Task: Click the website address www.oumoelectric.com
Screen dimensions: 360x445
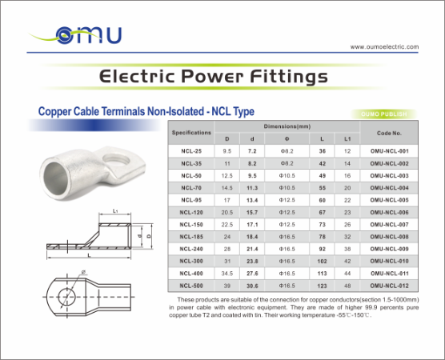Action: point(384,46)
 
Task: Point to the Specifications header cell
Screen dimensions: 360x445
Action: point(191,132)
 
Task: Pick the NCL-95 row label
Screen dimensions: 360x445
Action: point(191,199)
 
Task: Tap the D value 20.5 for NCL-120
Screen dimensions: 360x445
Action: point(227,212)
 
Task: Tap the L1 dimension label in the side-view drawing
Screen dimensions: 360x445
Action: point(116,211)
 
